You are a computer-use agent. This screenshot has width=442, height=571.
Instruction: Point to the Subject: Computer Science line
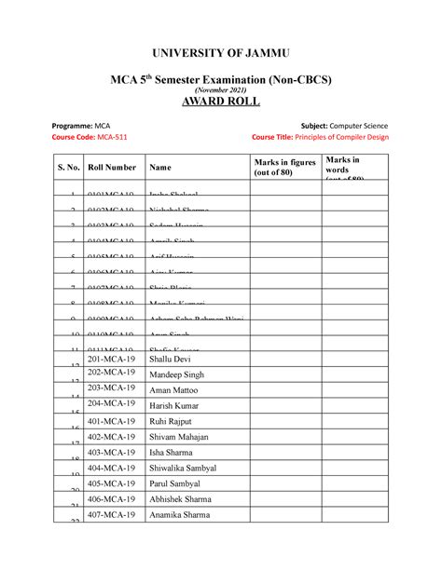[x=345, y=124]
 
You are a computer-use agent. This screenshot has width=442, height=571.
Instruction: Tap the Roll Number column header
[x=111, y=168]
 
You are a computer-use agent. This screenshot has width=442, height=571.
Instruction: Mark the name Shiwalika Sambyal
[x=183, y=468]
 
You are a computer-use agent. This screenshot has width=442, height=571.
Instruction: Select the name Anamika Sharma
[x=179, y=514]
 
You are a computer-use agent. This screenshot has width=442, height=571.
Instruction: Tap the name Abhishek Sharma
[x=180, y=498]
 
